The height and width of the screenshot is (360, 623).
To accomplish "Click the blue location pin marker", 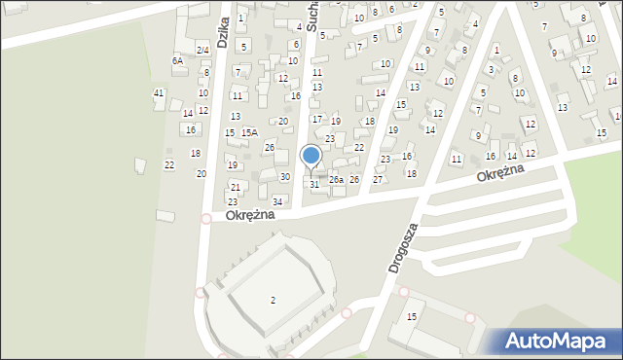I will [x=311, y=157].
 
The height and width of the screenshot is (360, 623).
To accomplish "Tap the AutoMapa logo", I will [x=554, y=342].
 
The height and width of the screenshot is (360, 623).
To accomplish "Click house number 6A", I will [x=177, y=60].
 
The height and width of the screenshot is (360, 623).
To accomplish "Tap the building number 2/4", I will [x=202, y=50].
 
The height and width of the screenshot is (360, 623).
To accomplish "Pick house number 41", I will [x=159, y=92].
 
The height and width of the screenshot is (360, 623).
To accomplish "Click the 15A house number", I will [x=249, y=132].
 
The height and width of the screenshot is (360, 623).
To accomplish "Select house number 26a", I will [x=335, y=180].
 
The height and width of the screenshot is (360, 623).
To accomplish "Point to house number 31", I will [x=313, y=184].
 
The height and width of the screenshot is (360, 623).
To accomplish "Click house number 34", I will [x=277, y=201].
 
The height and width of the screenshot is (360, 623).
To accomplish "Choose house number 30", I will [x=284, y=176].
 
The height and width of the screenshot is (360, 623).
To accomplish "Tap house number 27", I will [x=378, y=179].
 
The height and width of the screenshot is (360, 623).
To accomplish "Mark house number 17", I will [x=316, y=119].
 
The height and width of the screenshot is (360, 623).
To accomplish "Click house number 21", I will [x=235, y=187].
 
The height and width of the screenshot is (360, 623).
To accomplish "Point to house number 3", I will [x=491, y=69].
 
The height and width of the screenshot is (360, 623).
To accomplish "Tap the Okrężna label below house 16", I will [x=500, y=172].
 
